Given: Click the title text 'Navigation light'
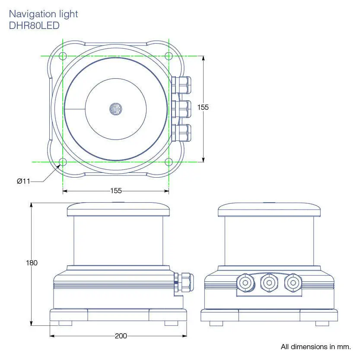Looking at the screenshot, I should click(43, 14).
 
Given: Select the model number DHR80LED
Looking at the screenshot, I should click(34, 25).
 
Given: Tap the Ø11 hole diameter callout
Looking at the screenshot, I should click(23, 182).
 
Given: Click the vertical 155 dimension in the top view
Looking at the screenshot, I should click(203, 107).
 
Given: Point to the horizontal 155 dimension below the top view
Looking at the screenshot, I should click(116, 191).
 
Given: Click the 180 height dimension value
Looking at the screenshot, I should click(32, 263).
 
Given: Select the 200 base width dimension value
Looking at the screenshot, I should click(121, 336).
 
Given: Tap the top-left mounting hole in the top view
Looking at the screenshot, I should click(62, 56).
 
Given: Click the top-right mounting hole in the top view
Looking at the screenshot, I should click(169, 56).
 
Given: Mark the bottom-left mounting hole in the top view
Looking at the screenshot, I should click(62, 162).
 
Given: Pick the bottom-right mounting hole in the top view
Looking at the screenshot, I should click(169, 162).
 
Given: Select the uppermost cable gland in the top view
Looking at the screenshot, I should click(182, 85).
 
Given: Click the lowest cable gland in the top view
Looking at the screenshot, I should click(182, 133).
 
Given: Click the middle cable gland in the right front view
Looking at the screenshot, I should click(268, 283).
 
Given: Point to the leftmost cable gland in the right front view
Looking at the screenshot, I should click(245, 283).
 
